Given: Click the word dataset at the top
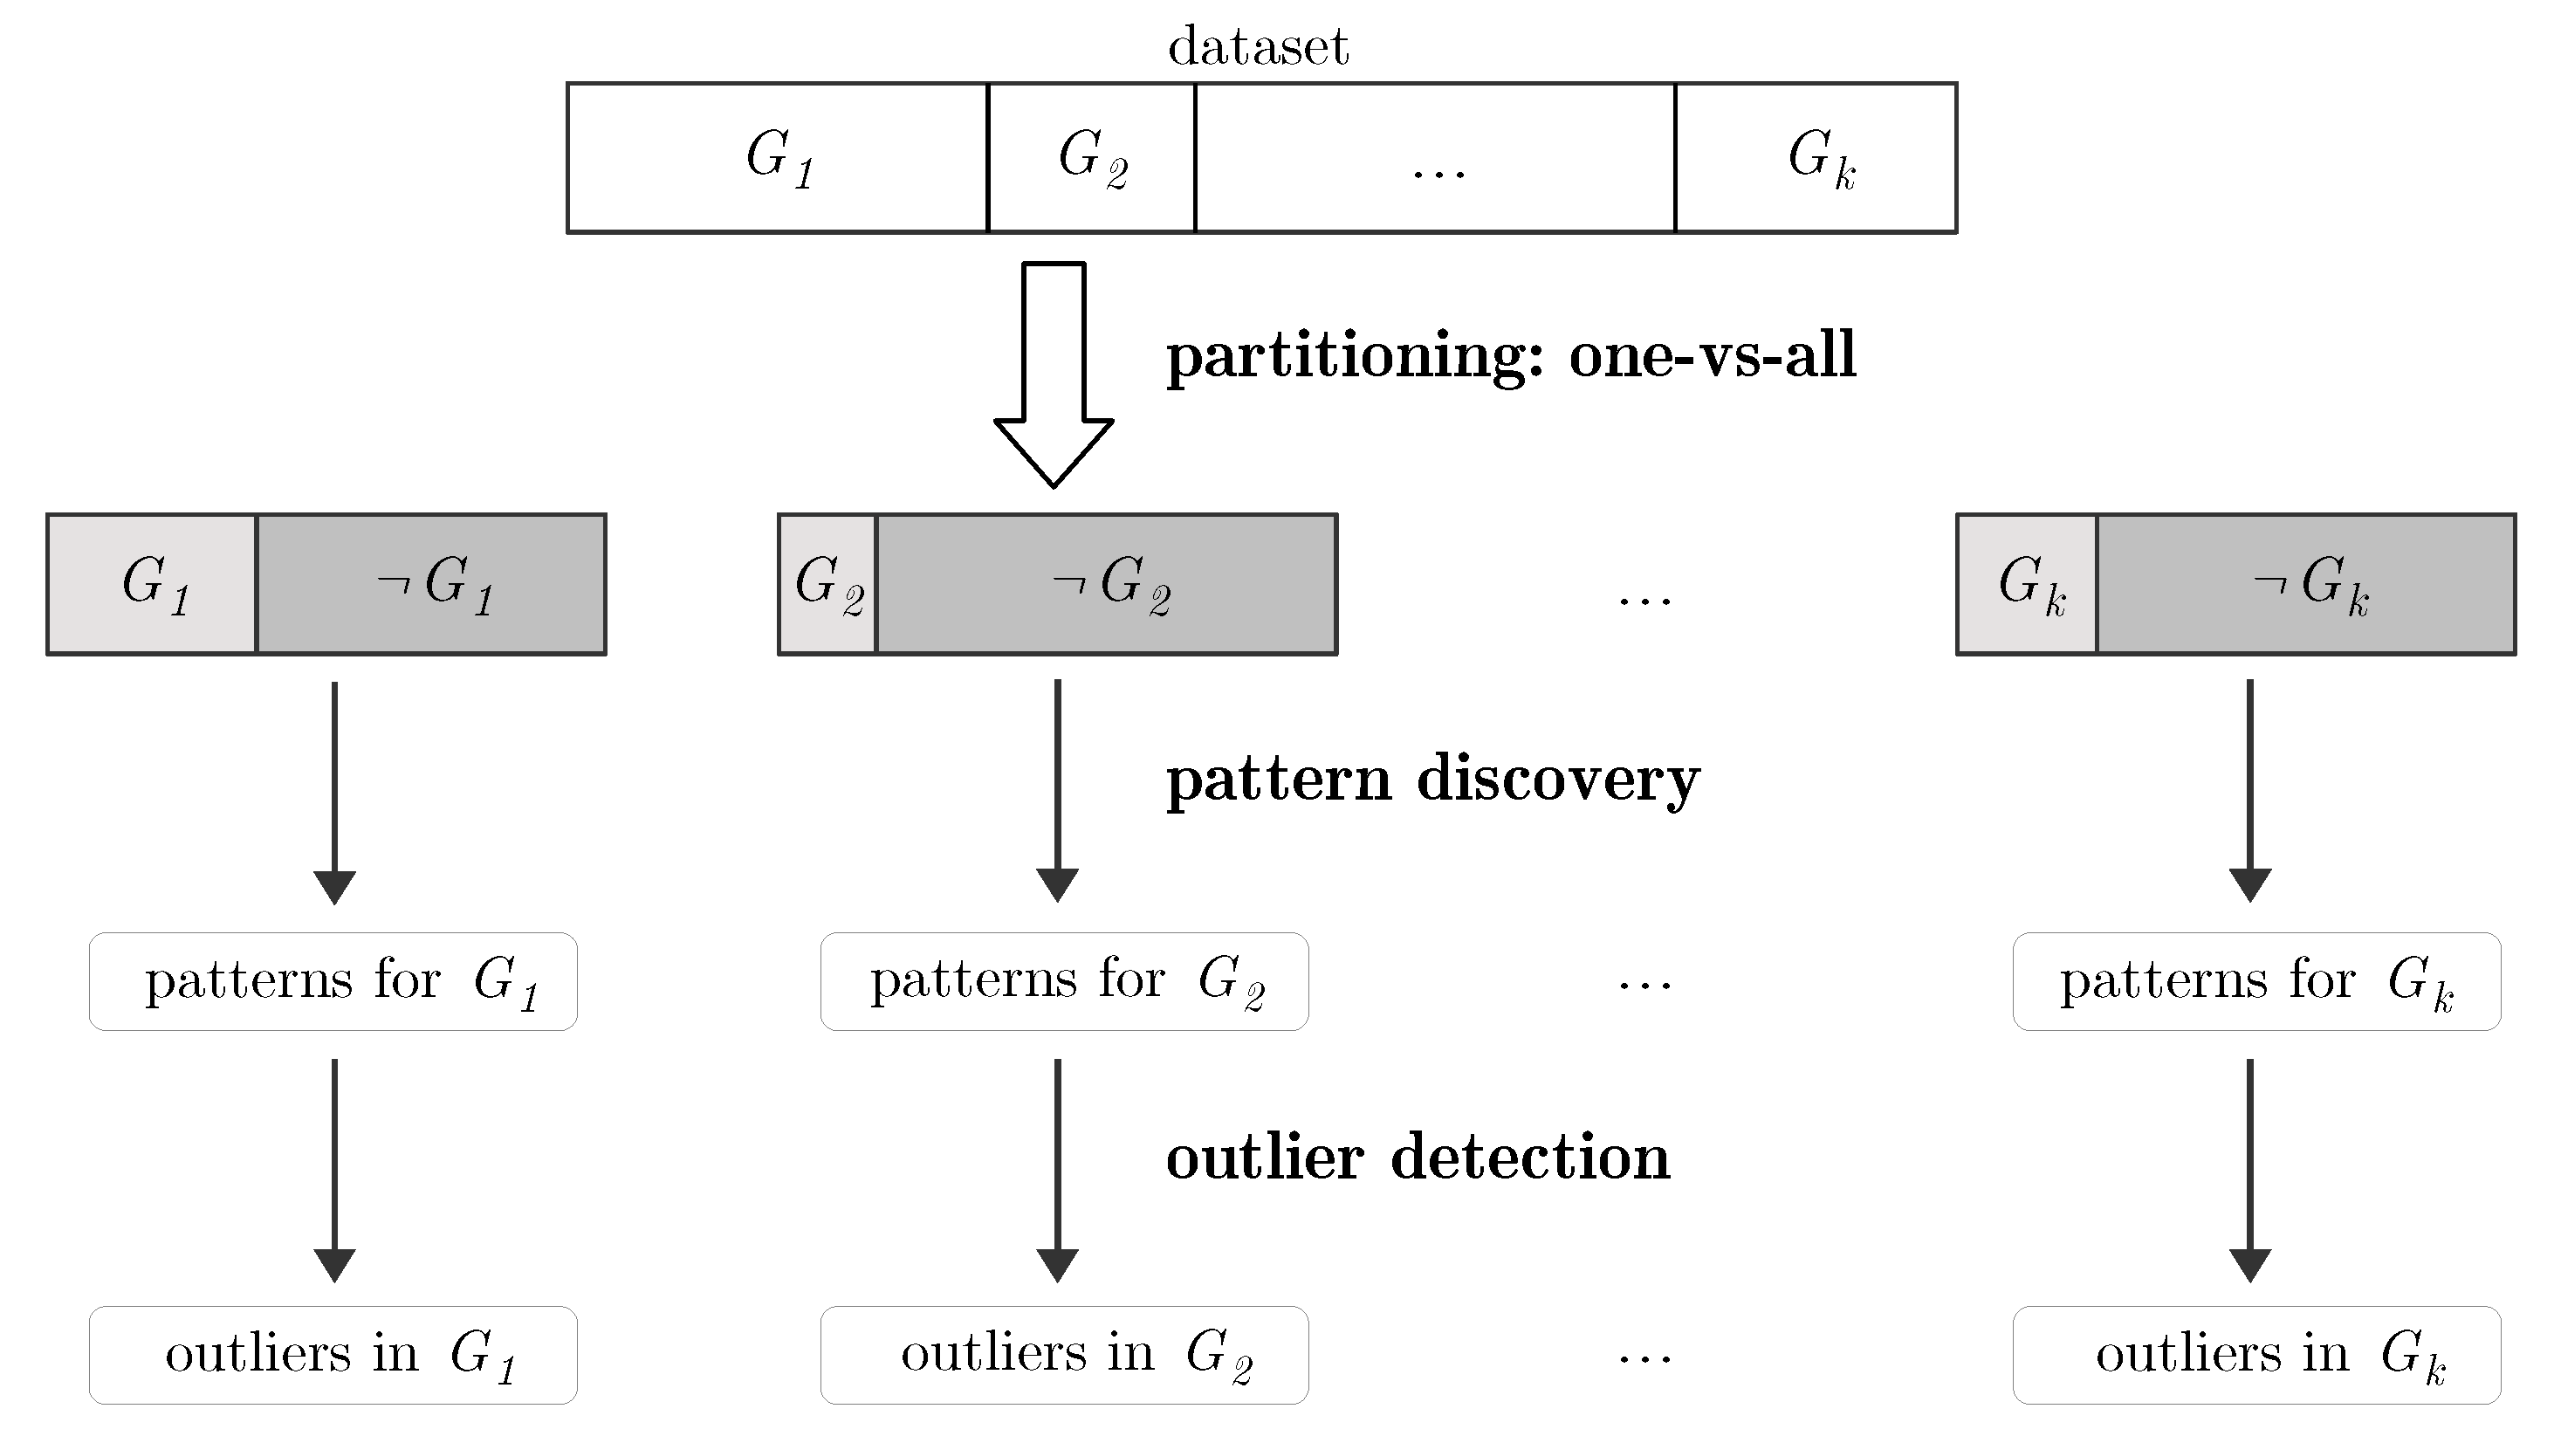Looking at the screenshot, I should (1258, 47).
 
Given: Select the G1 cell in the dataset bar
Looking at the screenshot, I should (778, 157).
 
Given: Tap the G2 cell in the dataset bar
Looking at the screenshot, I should (1091, 157).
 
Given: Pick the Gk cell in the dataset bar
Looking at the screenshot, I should (1816, 157).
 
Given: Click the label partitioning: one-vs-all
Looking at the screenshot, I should (1511, 355).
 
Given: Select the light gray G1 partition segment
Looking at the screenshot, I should (153, 584).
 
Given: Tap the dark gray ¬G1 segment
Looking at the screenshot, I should (431, 584).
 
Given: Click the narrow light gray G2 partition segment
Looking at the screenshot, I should (827, 584).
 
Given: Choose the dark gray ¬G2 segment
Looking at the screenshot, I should (1106, 584).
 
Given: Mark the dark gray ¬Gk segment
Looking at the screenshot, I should (2306, 584).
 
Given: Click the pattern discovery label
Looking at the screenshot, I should (1433, 779).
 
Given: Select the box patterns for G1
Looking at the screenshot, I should (333, 981).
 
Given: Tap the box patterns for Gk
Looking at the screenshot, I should (2256, 981).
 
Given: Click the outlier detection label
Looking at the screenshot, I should (1418, 1158).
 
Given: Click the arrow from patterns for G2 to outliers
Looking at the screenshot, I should (1057, 1169).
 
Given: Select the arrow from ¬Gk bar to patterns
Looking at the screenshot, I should (2250, 791).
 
